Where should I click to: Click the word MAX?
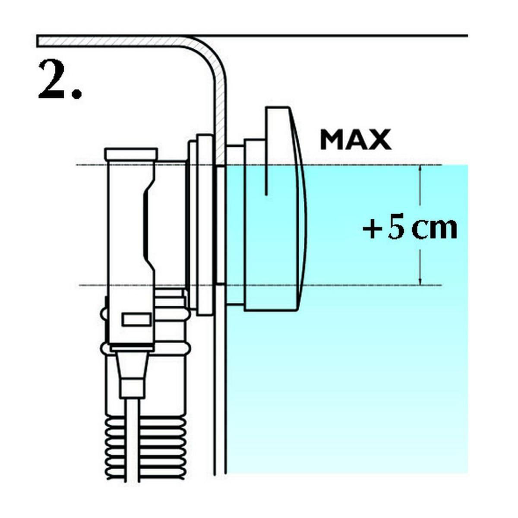pyautogui.click(x=356, y=139)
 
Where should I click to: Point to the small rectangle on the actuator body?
pyautogui.click(x=136, y=319)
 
